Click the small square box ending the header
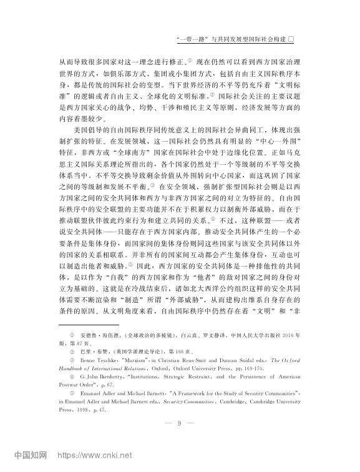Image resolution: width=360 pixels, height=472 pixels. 298,39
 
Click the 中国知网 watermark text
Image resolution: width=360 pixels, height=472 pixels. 31,456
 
